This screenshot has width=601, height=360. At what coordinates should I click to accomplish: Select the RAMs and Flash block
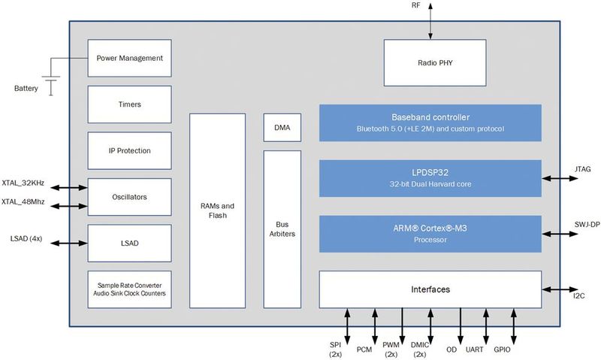coord(217,210)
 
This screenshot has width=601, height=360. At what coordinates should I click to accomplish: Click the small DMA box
coord(282,128)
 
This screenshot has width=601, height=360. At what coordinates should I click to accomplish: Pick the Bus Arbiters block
coord(282,228)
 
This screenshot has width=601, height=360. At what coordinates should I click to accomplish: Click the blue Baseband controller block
coord(430,123)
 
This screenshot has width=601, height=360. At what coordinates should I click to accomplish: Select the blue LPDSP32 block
coord(430,178)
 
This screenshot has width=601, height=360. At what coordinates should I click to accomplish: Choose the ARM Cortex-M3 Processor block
coord(430,234)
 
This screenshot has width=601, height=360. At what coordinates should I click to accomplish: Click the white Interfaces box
coord(430,289)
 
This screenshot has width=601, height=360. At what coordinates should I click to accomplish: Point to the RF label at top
coord(431,7)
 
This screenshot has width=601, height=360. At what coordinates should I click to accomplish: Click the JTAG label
coord(581,170)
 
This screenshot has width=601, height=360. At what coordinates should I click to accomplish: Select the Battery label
coord(26,89)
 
